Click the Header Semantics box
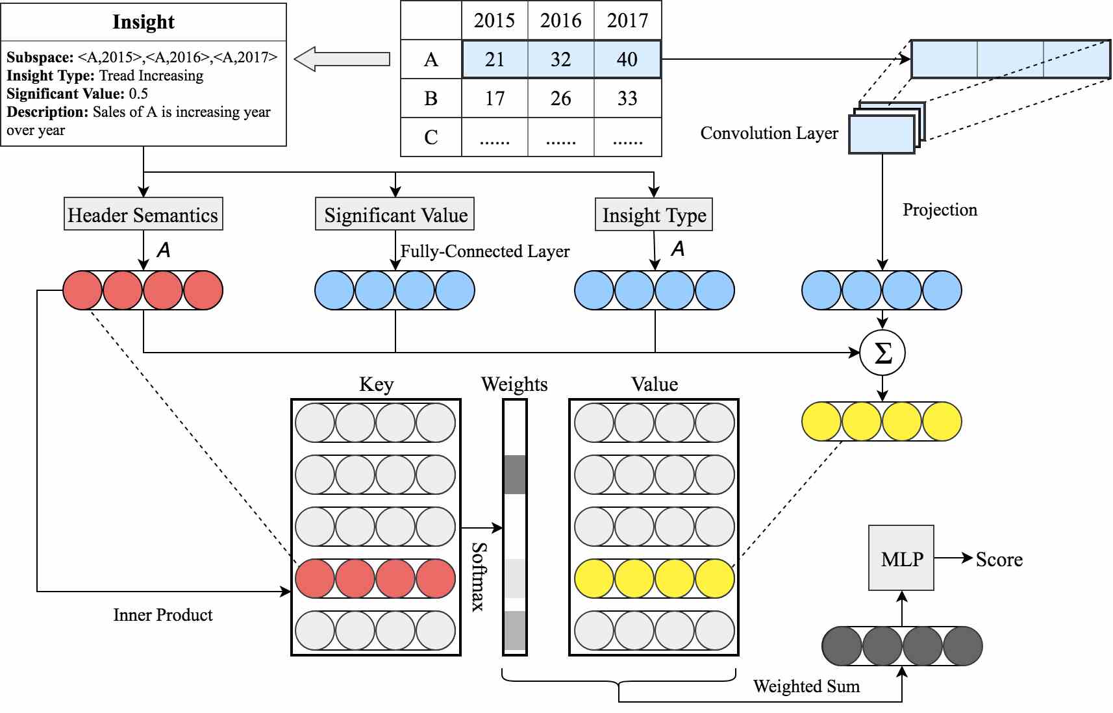tap(143, 214)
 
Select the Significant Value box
tap(395, 214)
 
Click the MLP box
tap(901, 558)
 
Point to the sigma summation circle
tap(882, 353)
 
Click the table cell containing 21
tap(495, 60)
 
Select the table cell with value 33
tap(627, 98)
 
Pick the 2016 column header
tap(561, 20)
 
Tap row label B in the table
tap(431, 98)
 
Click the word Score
tap(999, 560)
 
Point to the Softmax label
tap(479, 577)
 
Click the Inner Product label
tap(163, 614)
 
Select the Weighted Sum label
tap(807, 686)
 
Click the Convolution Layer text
tap(769, 133)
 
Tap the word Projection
tap(940, 210)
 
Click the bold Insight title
tap(144, 22)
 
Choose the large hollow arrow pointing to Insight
tap(342, 59)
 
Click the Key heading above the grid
tap(377, 384)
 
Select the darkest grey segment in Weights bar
tap(515, 475)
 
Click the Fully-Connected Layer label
tap(485, 251)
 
